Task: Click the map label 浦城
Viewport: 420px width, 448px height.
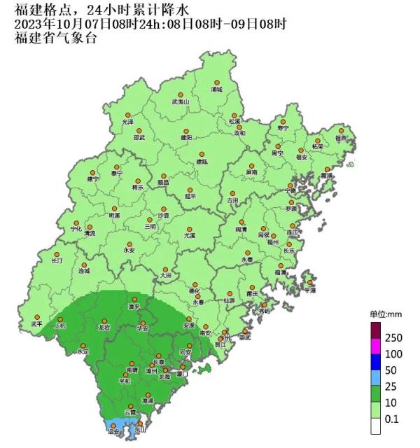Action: [x=216, y=90]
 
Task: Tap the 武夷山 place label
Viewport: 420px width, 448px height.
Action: [x=181, y=101]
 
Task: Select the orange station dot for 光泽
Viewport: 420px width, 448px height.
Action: [x=127, y=115]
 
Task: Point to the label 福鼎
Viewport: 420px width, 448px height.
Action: [x=341, y=138]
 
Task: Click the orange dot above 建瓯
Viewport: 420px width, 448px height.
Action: [x=202, y=154]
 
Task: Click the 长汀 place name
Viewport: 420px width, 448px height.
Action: [x=57, y=260]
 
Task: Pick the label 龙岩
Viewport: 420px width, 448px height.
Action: [x=104, y=327]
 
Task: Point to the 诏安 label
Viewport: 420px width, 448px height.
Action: [x=113, y=433]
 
